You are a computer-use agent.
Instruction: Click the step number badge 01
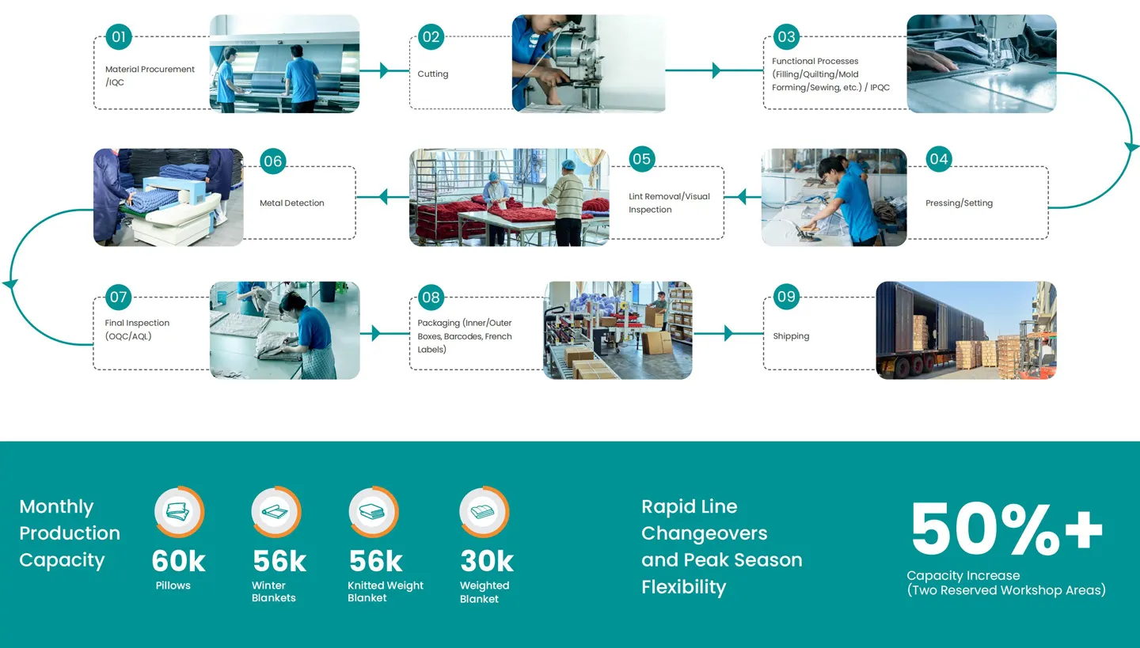[x=119, y=36]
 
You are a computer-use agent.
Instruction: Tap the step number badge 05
[x=641, y=159]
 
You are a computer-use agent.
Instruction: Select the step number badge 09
[x=786, y=297]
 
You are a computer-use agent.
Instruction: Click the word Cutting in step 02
[x=433, y=74]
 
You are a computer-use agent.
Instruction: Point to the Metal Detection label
[x=292, y=203]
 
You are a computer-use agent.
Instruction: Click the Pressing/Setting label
[x=959, y=203]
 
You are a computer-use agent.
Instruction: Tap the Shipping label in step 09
[x=791, y=336]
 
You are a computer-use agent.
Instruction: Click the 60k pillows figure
[x=178, y=561]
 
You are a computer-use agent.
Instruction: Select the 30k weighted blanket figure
[x=486, y=561]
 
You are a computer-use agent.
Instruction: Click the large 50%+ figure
[x=1005, y=530]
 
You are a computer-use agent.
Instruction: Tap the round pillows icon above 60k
[x=179, y=512]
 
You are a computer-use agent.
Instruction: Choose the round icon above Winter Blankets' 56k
[x=275, y=512]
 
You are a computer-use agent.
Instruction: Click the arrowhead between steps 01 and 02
[x=384, y=70]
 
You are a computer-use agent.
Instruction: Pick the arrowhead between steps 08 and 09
[x=728, y=334]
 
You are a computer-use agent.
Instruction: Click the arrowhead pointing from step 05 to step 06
[x=383, y=196]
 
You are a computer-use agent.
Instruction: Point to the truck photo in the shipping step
[x=966, y=330]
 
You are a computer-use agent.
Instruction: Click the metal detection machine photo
[x=168, y=197]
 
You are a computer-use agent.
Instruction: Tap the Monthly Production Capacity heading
[x=70, y=533]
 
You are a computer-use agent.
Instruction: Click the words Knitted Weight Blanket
[x=386, y=592]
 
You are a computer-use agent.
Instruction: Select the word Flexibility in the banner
[x=683, y=587]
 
